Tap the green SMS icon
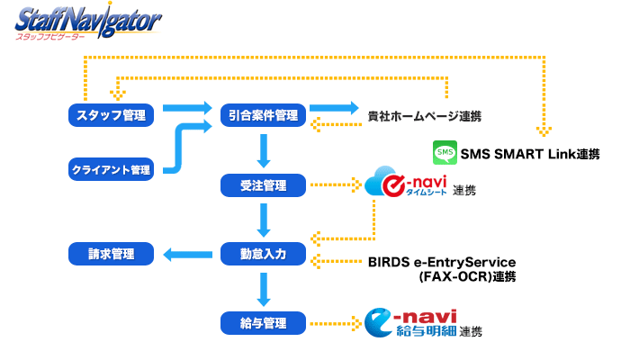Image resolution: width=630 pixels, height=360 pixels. pos(445,152)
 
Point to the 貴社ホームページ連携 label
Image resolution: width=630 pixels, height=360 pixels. pos(424,116)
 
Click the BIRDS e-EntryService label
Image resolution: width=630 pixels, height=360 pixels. pos(442,262)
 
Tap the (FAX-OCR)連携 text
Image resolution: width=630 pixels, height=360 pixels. pos(467,277)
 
